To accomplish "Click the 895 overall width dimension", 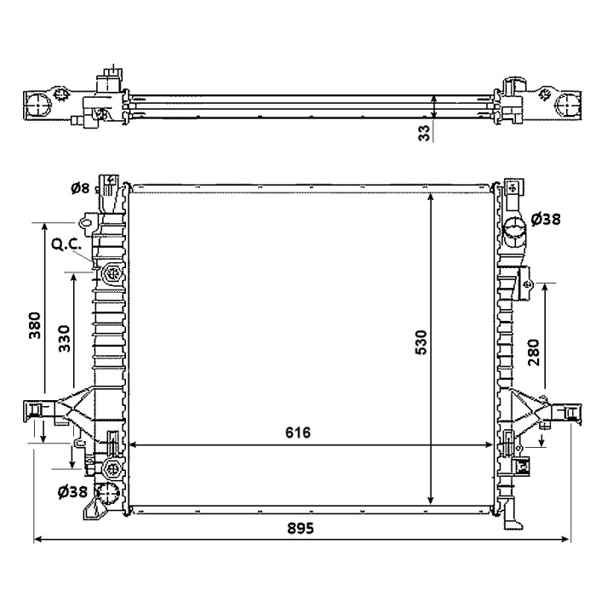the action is pos(301,528).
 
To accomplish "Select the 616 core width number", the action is pos(298,433).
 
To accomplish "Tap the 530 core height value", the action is pos(421,342).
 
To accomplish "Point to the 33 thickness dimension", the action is pos(424,133).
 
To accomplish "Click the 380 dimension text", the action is pos(35,325).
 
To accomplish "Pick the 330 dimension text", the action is pos(64,339).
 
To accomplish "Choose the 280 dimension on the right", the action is pos(533,352).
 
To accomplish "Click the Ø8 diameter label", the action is pos(80,188).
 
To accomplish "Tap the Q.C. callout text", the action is pos(66,244).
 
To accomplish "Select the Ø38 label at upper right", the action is pos(546,220).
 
